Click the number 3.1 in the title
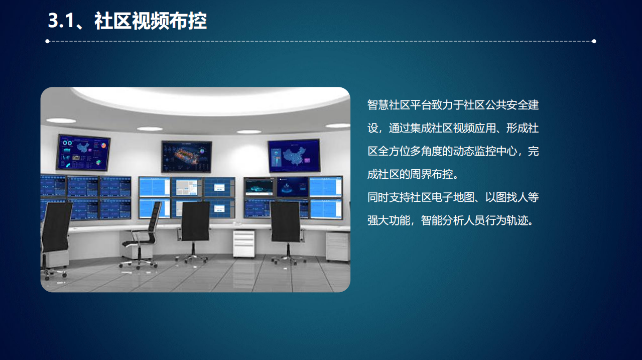(x=61, y=21)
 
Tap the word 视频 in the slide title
(x=151, y=21)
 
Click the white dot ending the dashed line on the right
(x=594, y=41)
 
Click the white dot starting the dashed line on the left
(x=47, y=41)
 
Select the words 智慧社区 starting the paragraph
(x=389, y=105)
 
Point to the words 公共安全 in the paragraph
(x=506, y=105)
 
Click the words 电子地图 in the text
(x=453, y=197)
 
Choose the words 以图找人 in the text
(x=506, y=197)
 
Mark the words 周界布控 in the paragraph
(x=432, y=174)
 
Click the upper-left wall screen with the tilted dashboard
(x=83, y=152)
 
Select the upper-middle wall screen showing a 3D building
(x=187, y=157)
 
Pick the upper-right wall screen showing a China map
(x=294, y=156)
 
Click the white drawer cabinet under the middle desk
(x=243, y=244)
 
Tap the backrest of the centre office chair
(x=195, y=221)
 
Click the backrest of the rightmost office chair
(x=285, y=221)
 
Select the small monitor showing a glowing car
(x=260, y=187)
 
